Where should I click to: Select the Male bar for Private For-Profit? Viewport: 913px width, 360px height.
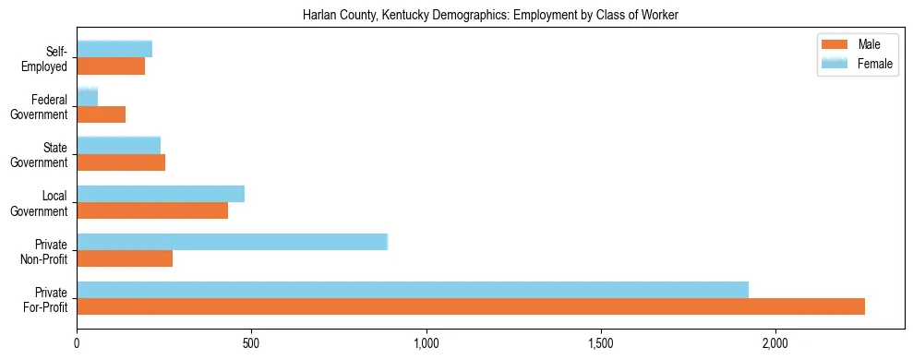pyautogui.click(x=471, y=306)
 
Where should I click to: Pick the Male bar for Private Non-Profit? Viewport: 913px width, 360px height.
pyautogui.click(x=125, y=258)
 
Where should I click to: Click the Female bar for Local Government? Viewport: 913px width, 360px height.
pyautogui.click(x=161, y=193)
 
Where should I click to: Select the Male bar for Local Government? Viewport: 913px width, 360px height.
pyautogui.click(x=152, y=210)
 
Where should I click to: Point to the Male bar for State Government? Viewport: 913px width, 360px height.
pyautogui.click(x=121, y=162)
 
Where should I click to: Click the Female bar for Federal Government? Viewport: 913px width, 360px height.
pyautogui.click(x=88, y=97)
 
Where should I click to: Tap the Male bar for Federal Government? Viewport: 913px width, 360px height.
pyautogui.click(x=102, y=114)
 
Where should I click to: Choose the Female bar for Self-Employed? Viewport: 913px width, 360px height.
pyautogui.click(x=114, y=49)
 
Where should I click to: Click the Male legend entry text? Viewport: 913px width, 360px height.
pyautogui.click(x=869, y=45)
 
